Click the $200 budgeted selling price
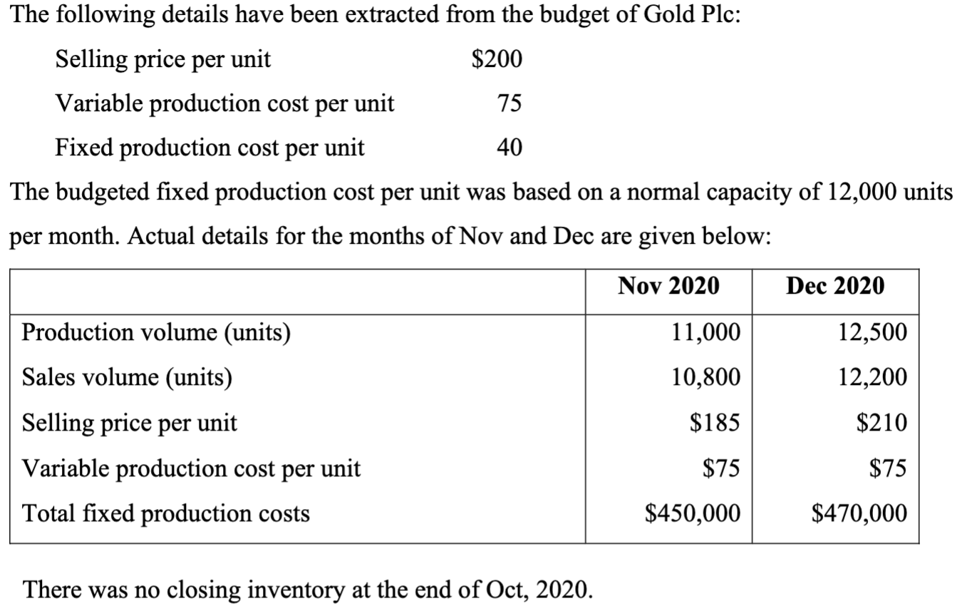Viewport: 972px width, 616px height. tap(497, 59)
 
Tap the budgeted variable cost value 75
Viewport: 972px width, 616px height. tap(509, 103)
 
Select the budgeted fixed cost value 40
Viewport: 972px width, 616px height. tap(509, 148)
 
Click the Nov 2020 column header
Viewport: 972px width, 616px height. tap(668, 286)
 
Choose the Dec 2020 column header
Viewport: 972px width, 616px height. tap(835, 286)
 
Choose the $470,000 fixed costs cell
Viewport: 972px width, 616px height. tap(860, 513)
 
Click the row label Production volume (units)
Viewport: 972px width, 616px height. tap(156, 333)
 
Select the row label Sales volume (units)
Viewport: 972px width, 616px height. tap(127, 378)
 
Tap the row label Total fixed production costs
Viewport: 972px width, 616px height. tap(166, 513)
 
